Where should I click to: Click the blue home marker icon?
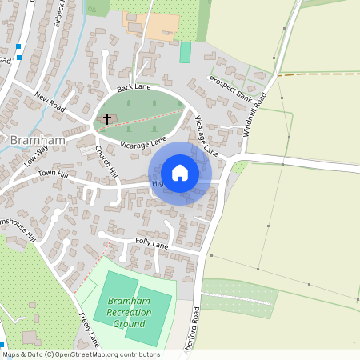[x=180, y=173]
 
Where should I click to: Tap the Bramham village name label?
[x=32, y=140]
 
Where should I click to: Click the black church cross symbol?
[x=107, y=119]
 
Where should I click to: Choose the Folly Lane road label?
[x=152, y=242]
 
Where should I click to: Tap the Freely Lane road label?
[x=89, y=328]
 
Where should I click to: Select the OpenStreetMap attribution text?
[x=80, y=354]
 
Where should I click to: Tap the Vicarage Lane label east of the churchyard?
[x=206, y=134]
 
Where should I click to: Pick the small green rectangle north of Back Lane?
[x=186, y=52]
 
